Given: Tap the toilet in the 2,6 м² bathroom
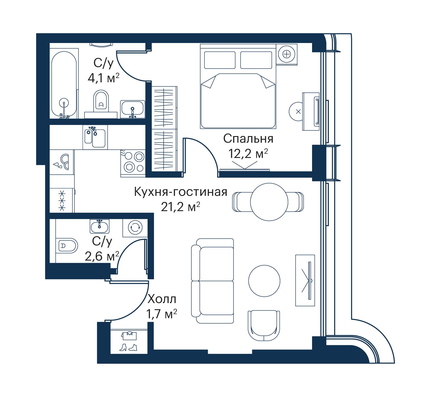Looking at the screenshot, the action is point(67,246).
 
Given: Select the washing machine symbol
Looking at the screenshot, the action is point(135,228).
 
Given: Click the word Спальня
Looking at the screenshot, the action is point(248,139).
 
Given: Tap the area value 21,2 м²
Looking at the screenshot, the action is point(180,207).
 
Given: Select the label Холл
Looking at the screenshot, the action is point(162,299).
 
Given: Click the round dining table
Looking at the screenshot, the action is point(269,202).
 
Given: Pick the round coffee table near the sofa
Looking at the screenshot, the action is point(264,281).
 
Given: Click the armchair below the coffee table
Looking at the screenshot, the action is point(264,325).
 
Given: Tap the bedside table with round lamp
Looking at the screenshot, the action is point(286,54).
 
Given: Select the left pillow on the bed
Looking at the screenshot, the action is point(220,60).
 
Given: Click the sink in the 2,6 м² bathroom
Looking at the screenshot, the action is point(99,226).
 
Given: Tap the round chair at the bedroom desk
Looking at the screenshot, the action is point(298,112).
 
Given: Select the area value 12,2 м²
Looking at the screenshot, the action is point(248,154).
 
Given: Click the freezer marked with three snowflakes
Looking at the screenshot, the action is point(62,201).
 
